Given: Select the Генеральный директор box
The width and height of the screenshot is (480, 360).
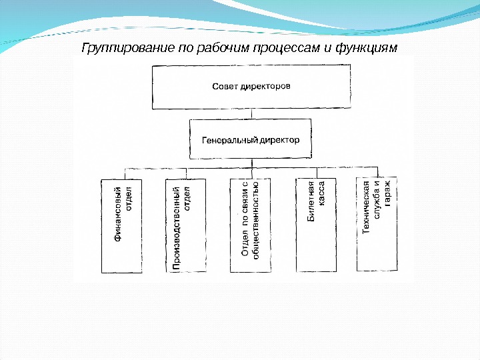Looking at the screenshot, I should click(x=251, y=140).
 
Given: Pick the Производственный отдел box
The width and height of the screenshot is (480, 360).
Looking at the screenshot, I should click(x=185, y=225).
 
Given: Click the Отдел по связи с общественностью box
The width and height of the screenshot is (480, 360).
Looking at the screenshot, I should click(x=250, y=225).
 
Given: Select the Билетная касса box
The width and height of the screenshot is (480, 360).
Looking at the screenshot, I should click(x=316, y=225).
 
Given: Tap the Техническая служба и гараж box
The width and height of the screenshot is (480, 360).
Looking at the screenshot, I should click(x=377, y=224).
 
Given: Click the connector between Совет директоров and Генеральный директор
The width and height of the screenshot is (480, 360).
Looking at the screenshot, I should click(x=251, y=113).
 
